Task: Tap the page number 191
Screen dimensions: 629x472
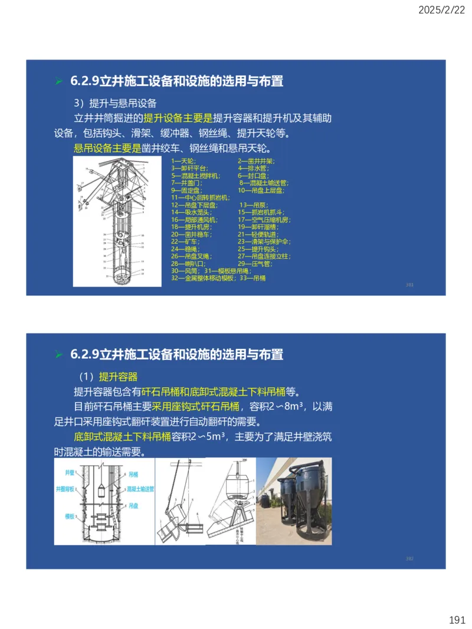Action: pos(457,620)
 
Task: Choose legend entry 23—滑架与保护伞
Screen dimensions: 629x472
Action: pos(263,242)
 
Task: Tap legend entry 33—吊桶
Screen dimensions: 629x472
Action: pos(255,278)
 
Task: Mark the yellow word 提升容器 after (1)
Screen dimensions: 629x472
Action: pos(118,377)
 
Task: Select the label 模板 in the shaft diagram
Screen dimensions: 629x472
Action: pos(69,516)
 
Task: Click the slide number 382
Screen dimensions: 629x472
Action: pos(409,558)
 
